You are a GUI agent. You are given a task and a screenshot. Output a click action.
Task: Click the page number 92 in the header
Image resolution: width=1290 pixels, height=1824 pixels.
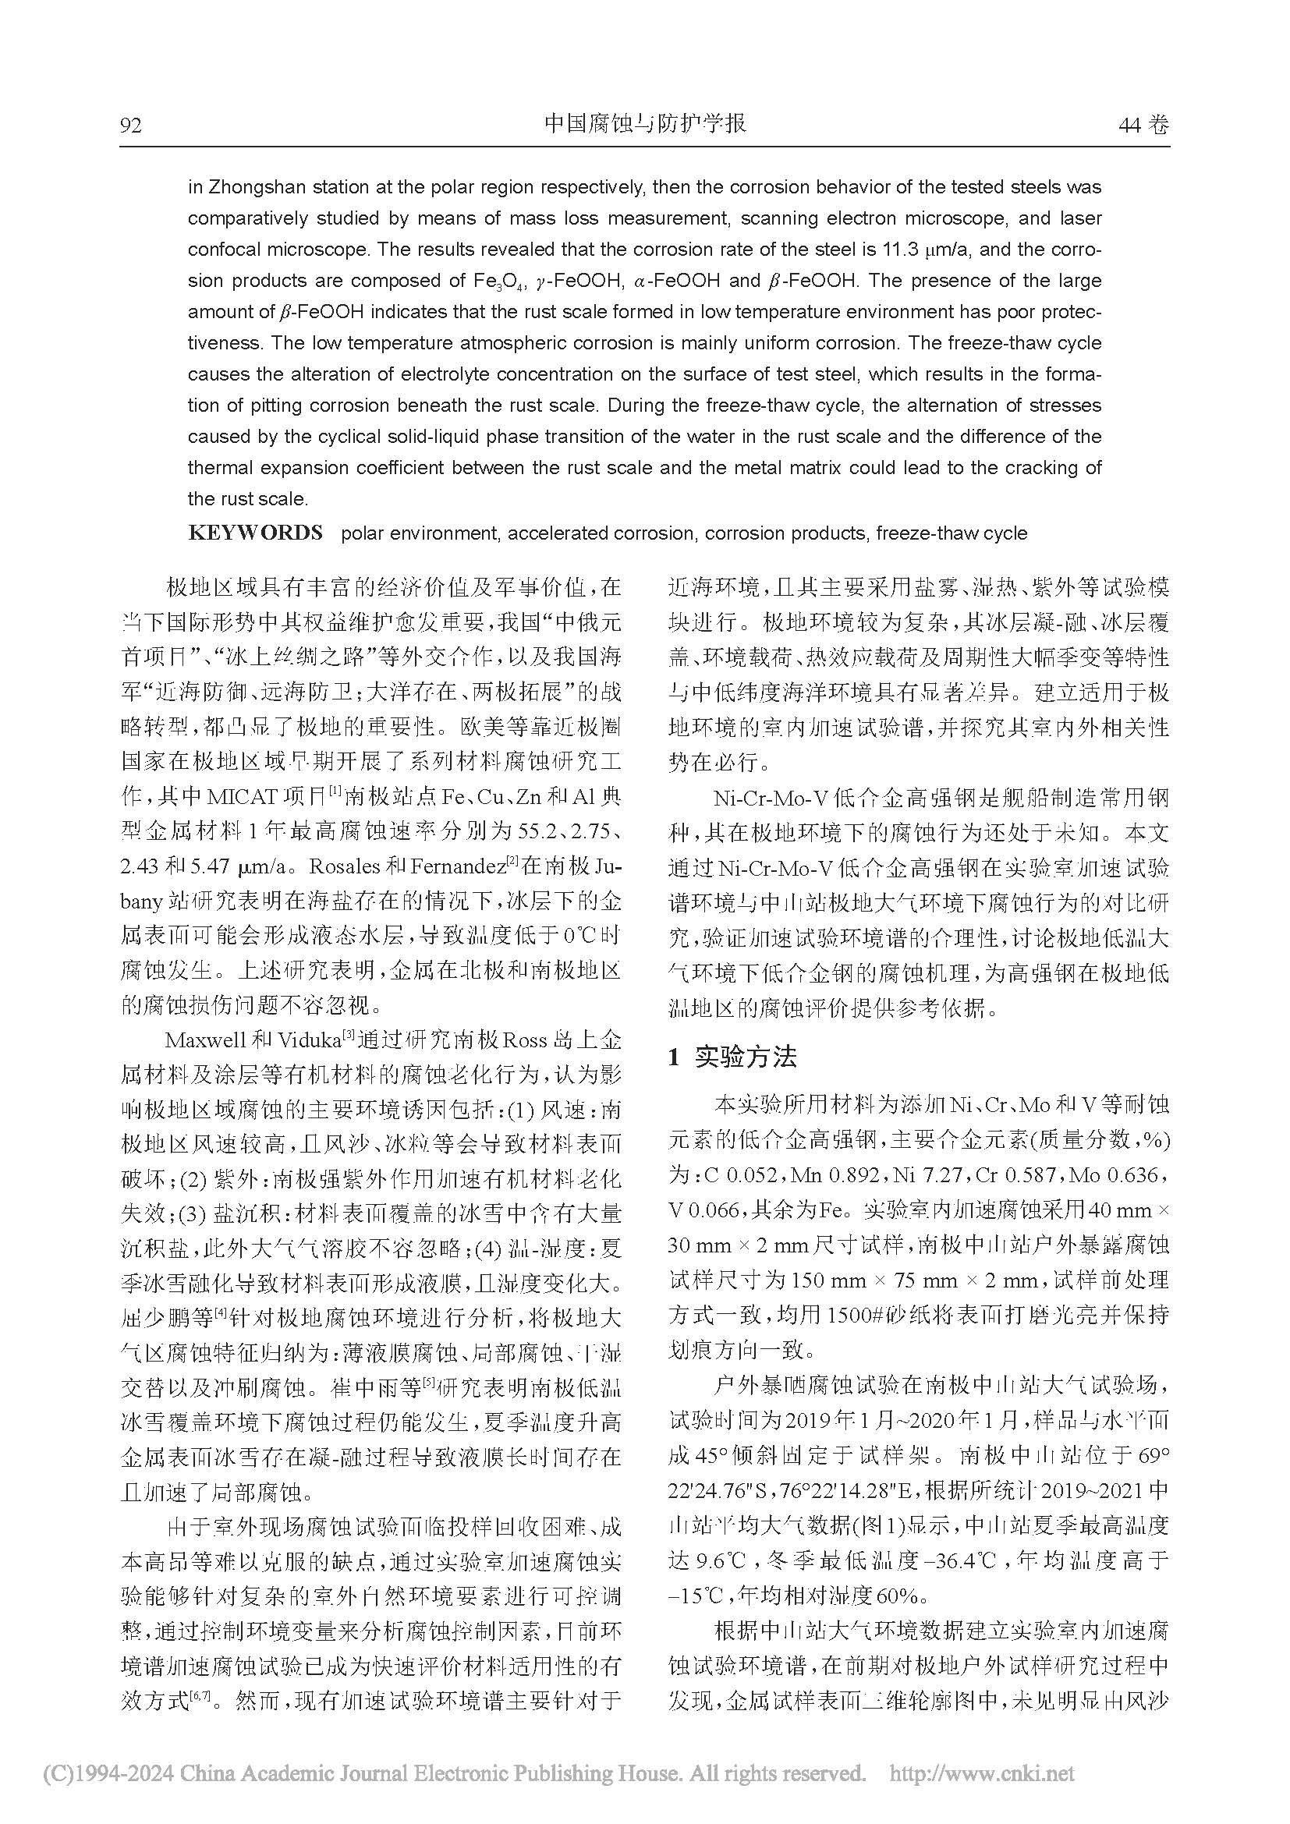click(130, 126)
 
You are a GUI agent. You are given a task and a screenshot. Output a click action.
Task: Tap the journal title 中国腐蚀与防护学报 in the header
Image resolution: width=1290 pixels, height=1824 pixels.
click(645, 124)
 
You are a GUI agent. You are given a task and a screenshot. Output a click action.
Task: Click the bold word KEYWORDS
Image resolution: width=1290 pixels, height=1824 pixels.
click(255, 533)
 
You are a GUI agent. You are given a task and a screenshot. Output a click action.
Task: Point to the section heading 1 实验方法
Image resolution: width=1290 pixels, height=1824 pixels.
click(732, 1057)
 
